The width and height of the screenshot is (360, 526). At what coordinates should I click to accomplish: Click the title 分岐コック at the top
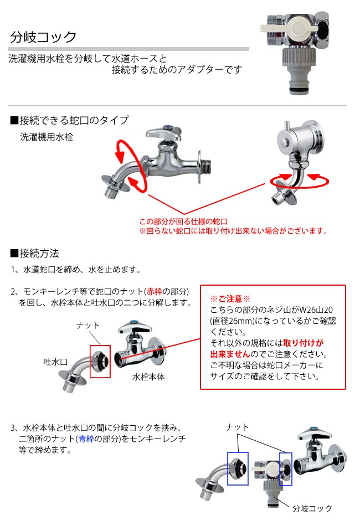point(43,37)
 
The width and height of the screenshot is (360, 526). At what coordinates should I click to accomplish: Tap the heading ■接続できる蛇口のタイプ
point(69,120)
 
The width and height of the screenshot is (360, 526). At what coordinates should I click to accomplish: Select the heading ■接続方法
point(34,254)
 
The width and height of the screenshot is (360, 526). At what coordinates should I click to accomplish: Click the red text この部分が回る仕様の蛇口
point(179,221)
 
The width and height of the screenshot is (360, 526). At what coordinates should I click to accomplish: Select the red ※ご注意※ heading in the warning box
point(230,299)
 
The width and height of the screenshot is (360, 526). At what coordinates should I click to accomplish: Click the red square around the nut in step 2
point(100,361)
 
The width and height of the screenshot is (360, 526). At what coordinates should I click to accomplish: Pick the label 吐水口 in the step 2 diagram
point(55,362)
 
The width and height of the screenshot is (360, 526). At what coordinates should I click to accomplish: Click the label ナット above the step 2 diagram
point(88,325)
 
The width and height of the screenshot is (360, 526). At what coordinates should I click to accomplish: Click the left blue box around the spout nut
point(238,468)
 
